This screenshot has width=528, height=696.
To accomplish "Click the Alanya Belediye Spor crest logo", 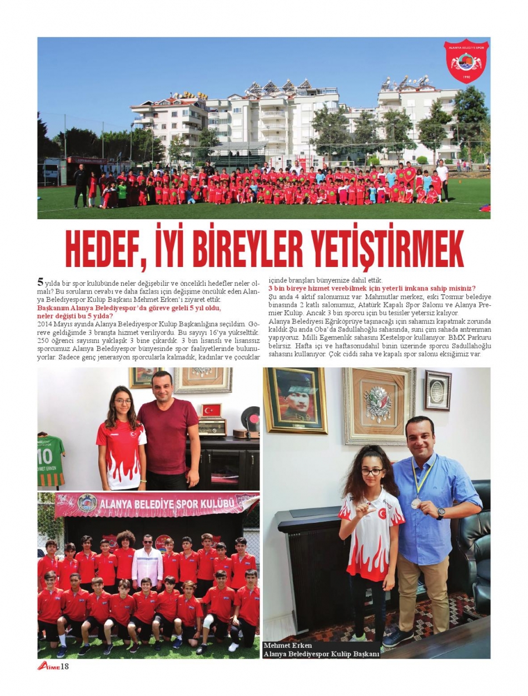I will click(x=466, y=60).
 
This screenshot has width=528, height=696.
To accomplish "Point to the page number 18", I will click(x=64, y=666).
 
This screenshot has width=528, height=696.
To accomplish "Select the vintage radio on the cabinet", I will click(x=212, y=427).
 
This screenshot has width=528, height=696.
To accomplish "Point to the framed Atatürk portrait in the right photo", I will click(x=295, y=400).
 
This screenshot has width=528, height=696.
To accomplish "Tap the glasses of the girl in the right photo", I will click(x=372, y=472).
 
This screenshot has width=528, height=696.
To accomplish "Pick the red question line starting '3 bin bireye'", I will click(x=372, y=289).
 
